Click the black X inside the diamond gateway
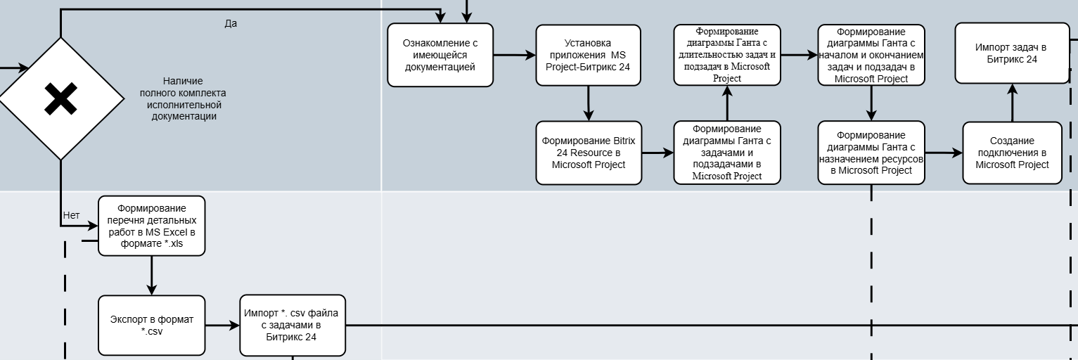(x=60, y=98)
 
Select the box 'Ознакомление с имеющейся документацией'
(x=440, y=55)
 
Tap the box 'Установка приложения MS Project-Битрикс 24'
(x=588, y=56)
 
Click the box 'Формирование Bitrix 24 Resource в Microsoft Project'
(x=588, y=153)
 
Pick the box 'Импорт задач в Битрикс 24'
(x=1010, y=53)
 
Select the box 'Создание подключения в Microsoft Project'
(x=1012, y=153)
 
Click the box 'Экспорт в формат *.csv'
(x=151, y=326)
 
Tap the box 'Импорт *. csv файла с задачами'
(x=292, y=326)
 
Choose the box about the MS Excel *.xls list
(x=151, y=226)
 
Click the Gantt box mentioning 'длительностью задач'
(x=726, y=55)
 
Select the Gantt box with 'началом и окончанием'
(x=871, y=55)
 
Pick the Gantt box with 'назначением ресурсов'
(x=871, y=153)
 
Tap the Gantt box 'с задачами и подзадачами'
(x=726, y=153)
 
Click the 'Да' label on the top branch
(x=231, y=23)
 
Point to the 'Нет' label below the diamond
(x=71, y=215)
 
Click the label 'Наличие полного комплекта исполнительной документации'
(x=184, y=99)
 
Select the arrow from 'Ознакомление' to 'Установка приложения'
(x=514, y=55)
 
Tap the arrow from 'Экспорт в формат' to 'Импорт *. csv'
(x=222, y=326)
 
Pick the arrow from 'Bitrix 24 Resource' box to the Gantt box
(x=657, y=153)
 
